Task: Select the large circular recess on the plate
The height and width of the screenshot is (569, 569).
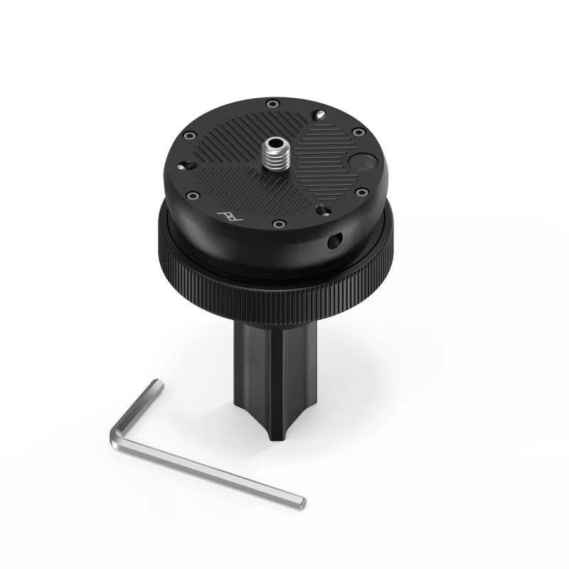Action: coord(361,163)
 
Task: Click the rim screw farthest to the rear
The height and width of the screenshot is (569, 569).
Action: coord(272,105)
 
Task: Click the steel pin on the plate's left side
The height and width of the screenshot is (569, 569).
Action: coord(186,164)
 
